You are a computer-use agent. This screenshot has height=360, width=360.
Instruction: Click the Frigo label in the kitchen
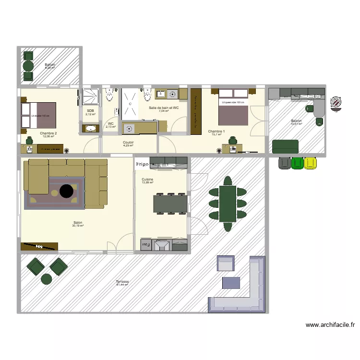pyautogui.click(x=142, y=164)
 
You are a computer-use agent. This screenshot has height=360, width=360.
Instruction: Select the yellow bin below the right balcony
pyautogui.click(x=311, y=163)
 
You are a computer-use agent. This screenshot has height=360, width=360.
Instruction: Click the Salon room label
pyautogui.click(x=77, y=223)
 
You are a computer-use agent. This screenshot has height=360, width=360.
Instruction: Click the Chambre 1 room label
pyautogui.click(x=216, y=132)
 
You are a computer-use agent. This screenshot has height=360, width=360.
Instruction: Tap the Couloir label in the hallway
pyautogui.click(x=128, y=143)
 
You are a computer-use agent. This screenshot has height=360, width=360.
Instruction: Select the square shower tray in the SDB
pyautogui.click(x=90, y=97)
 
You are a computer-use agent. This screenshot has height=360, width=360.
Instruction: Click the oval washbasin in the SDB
pyautogui.click(x=90, y=128)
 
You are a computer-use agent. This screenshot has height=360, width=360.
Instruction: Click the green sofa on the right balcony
pyautogui.click(x=285, y=146)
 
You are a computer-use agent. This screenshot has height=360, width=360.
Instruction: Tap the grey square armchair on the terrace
pyautogui.click(x=226, y=264)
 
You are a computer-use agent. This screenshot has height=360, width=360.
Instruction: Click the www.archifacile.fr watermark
pyautogui.click(x=330, y=325)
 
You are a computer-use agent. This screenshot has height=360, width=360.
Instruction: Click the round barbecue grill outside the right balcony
pyautogui.click(x=336, y=102)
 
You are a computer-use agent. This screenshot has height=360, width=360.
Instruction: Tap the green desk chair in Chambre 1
pyautogui.click(x=233, y=140)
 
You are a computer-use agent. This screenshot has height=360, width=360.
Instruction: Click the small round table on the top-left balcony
pyautogui.click(x=28, y=66)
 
